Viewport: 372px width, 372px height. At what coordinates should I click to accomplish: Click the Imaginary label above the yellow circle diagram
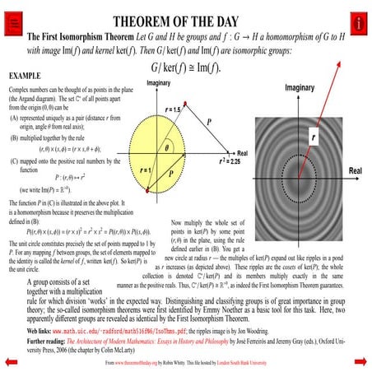click(158, 84)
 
